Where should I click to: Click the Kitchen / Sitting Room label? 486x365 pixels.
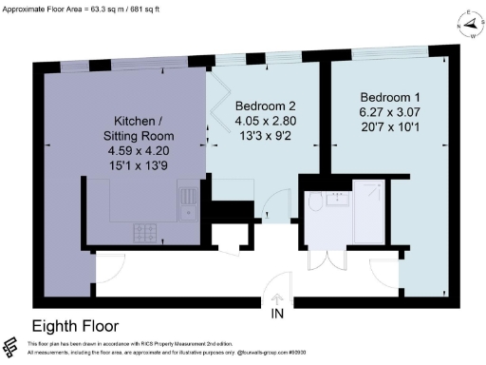coord(143,127)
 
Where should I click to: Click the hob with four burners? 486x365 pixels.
coord(147,230)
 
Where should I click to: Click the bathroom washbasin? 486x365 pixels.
coord(336,199)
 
